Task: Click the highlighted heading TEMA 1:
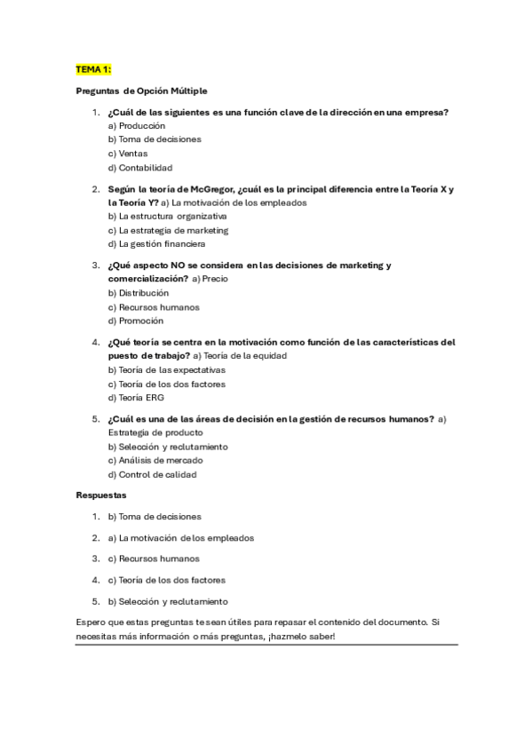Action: click(93, 68)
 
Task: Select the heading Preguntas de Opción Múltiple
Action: click(141, 91)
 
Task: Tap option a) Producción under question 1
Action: click(136, 125)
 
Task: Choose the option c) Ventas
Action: click(128, 153)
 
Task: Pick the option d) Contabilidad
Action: click(139, 167)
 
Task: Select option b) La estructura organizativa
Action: click(167, 216)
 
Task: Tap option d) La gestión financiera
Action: click(156, 243)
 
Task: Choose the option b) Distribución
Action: click(138, 292)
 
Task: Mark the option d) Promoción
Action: click(135, 321)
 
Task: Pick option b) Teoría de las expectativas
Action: click(166, 369)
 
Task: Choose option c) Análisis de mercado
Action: click(155, 460)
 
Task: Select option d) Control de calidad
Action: click(152, 474)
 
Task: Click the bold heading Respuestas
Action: click(100, 495)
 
